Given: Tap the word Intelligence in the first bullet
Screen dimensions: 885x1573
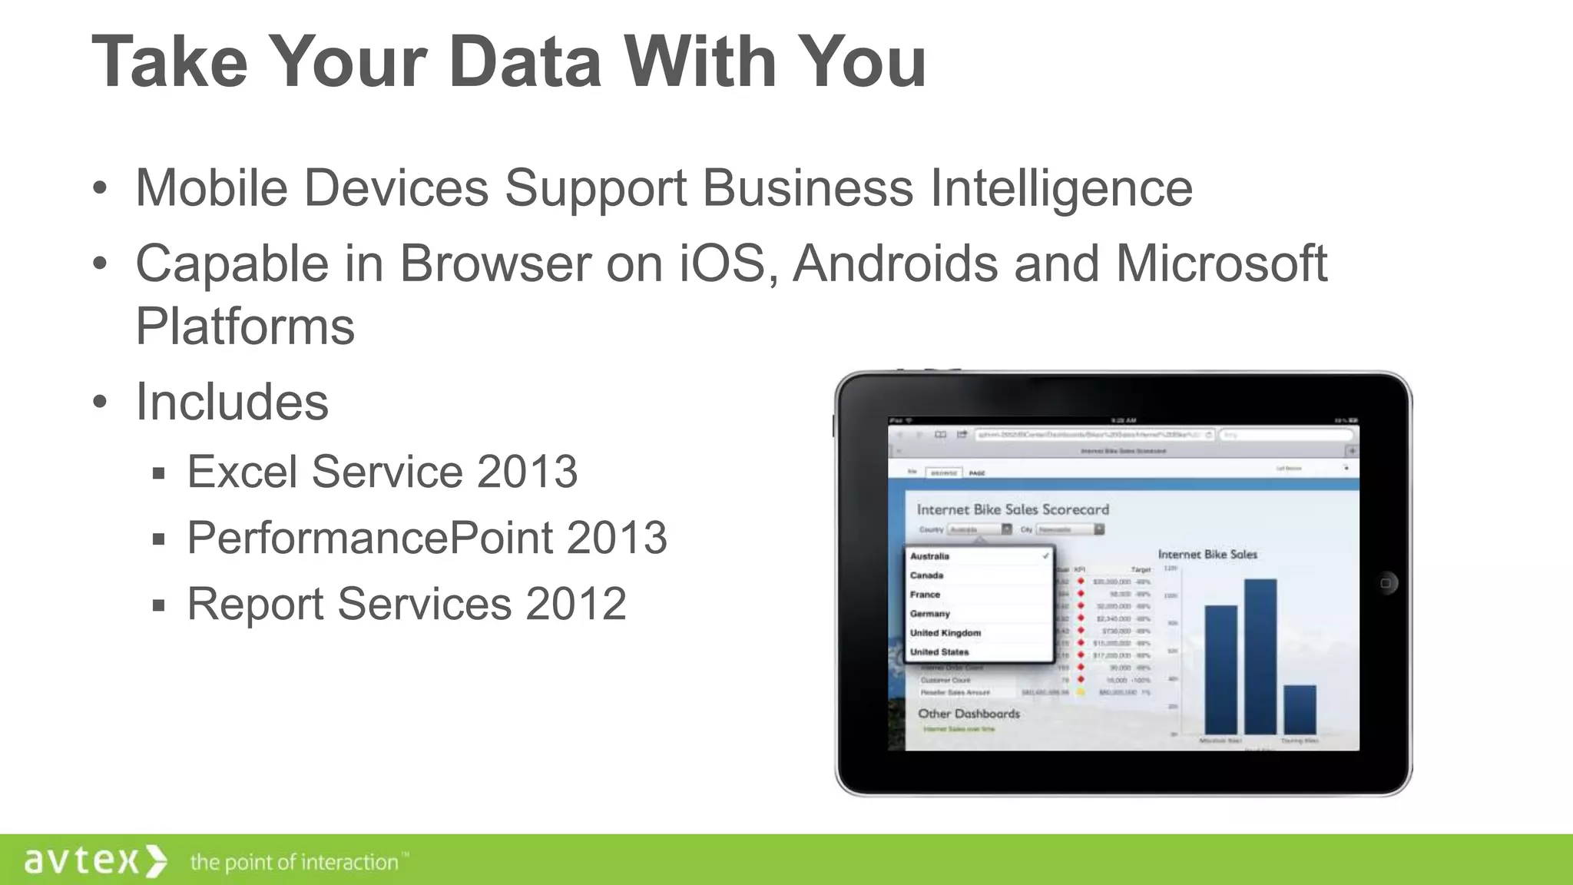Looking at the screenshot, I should pyautogui.click(x=1061, y=187).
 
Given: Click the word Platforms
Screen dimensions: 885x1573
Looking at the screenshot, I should pyautogui.click(x=245, y=326).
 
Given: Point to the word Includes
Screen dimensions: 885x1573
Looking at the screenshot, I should pyautogui.click(x=232, y=402).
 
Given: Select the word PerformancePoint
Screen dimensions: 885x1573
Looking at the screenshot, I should pyautogui.click(x=369, y=537).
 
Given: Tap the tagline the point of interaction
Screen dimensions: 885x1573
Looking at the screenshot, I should pyautogui.click(x=295, y=862).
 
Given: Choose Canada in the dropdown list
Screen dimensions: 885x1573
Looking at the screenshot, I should pyautogui.click(x=927, y=575).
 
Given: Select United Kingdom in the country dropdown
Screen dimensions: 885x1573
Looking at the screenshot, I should pyautogui.click(x=945, y=633).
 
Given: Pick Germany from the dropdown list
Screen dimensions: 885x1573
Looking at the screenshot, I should pyautogui.click(x=930, y=614).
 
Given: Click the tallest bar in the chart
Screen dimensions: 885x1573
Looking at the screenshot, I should pyautogui.click(x=1260, y=657).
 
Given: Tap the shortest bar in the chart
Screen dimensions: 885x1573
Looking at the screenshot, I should pyautogui.click(x=1300, y=710).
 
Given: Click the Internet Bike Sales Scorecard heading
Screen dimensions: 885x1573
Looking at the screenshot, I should pyautogui.click(x=1013, y=509).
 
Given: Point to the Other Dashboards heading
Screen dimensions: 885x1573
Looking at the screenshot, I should pyautogui.click(x=969, y=714).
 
